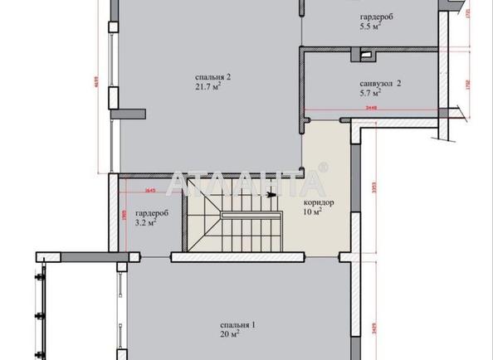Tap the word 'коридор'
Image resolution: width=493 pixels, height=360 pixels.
coord(320,202)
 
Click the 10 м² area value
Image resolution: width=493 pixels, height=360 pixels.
coord(314,212)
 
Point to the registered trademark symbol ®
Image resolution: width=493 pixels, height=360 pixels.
coord(324,169)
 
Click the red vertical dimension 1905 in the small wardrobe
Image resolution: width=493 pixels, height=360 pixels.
coord(124,214)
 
